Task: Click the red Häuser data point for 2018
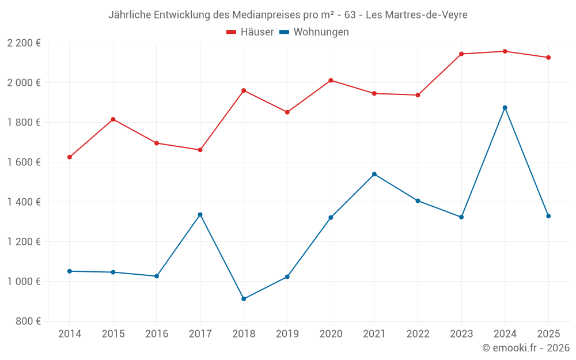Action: [244, 90]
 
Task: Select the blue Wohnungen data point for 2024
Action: [505, 108]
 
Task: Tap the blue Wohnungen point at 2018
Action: [244, 299]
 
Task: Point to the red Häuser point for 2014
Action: [70, 157]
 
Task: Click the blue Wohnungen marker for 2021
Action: [374, 174]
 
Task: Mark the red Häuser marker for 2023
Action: [461, 54]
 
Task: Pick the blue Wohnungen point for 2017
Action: [200, 214]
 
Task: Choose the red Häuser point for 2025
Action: [548, 58]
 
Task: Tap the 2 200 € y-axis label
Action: [24, 43]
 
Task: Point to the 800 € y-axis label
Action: [27, 321]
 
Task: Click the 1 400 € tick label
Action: [24, 202]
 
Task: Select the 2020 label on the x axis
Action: [331, 334]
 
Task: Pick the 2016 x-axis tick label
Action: [157, 334]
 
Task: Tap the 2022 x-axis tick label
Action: [418, 334]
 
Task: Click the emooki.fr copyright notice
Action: [525, 348]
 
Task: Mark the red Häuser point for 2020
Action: [331, 80]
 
